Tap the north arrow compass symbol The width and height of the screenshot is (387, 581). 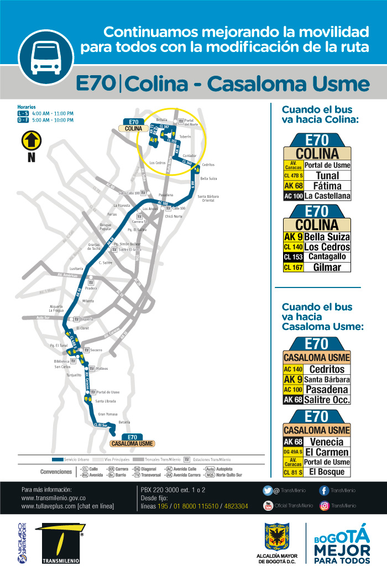[x=32, y=141]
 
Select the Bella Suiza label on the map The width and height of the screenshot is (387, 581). [x=208, y=179]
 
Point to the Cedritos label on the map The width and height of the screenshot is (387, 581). [x=208, y=165]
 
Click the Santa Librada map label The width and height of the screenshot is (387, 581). [x=105, y=401]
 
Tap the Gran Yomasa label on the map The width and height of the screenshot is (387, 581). [x=107, y=413]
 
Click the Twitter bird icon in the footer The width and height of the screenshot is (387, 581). [x=268, y=490]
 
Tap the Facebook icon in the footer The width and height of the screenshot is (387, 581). [x=324, y=490]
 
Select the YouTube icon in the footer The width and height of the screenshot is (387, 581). [x=268, y=505]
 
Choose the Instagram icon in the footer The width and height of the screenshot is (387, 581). [x=324, y=505]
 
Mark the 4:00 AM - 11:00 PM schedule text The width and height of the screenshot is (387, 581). [x=53, y=113]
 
